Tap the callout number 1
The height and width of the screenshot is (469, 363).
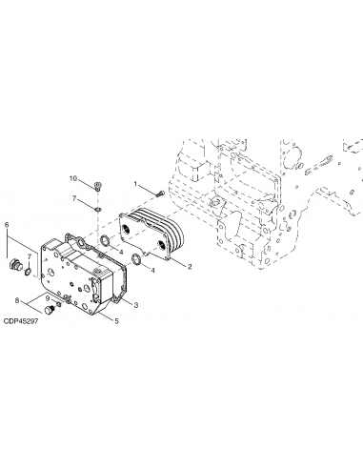(136, 183)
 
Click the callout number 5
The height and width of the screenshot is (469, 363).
(115, 322)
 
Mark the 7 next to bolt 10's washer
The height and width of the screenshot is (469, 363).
(74, 197)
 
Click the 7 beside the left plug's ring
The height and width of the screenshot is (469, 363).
(29, 258)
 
